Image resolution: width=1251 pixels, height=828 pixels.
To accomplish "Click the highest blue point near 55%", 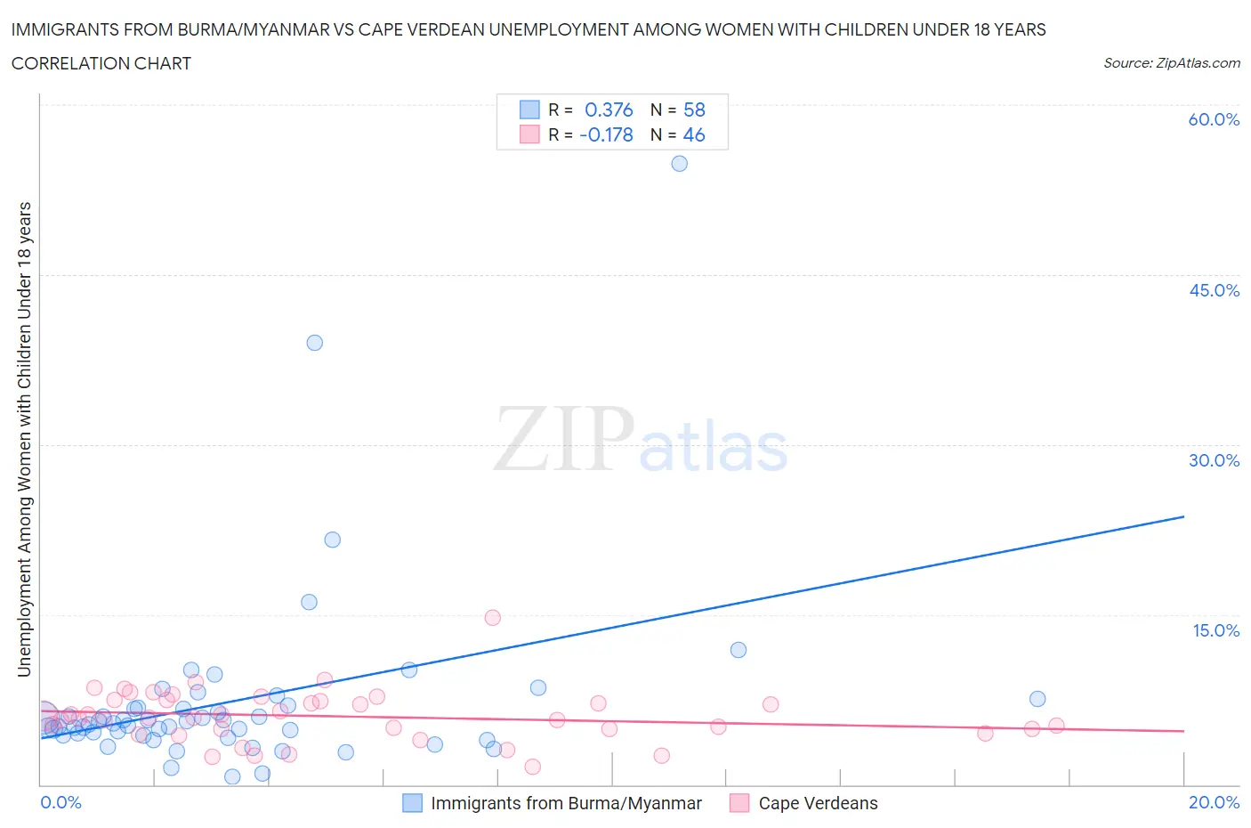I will pyautogui.click(x=679, y=164).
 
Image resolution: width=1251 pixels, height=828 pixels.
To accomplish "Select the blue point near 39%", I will pyautogui.click(x=314, y=343).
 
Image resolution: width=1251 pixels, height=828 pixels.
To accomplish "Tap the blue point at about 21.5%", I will pyautogui.click(x=332, y=540).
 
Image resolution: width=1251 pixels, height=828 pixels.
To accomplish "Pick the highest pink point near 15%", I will pyautogui.click(x=492, y=618).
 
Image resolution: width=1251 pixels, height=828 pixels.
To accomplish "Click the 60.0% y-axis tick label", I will pyautogui.click(x=1214, y=120).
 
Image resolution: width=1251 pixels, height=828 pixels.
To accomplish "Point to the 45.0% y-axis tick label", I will pyautogui.click(x=1214, y=290).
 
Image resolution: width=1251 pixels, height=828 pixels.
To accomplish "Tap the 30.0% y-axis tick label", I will pyautogui.click(x=1214, y=460).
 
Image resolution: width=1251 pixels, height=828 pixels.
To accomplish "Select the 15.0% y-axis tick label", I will pyautogui.click(x=1215, y=630).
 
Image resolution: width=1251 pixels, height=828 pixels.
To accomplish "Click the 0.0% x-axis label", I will pyautogui.click(x=61, y=802).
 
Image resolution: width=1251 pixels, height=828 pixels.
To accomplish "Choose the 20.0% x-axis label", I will pyautogui.click(x=1214, y=802).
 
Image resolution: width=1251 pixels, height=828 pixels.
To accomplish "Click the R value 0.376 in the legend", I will pyautogui.click(x=609, y=110).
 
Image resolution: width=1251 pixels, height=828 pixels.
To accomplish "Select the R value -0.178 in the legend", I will pyautogui.click(x=606, y=135).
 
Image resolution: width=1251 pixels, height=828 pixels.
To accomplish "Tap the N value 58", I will pyautogui.click(x=694, y=110).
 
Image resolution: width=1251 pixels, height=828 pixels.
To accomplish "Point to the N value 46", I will pyautogui.click(x=694, y=135).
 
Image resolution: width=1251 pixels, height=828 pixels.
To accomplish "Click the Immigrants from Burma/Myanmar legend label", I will pyautogui.click(x=566, y=803).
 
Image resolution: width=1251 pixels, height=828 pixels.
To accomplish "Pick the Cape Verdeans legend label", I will pyautogui.click(x=818, y=803).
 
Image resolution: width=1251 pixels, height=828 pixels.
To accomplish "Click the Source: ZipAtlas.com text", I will pyautogui.click(x=1171, y=63).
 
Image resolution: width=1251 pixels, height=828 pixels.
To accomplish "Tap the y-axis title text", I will pyautogui.click(x=24, y=439).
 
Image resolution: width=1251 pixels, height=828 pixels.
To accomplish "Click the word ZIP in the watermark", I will pyautogui.click(x=563, y=439).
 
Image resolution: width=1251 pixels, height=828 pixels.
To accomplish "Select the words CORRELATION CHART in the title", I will pyautogui.click(x=101, y=63).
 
